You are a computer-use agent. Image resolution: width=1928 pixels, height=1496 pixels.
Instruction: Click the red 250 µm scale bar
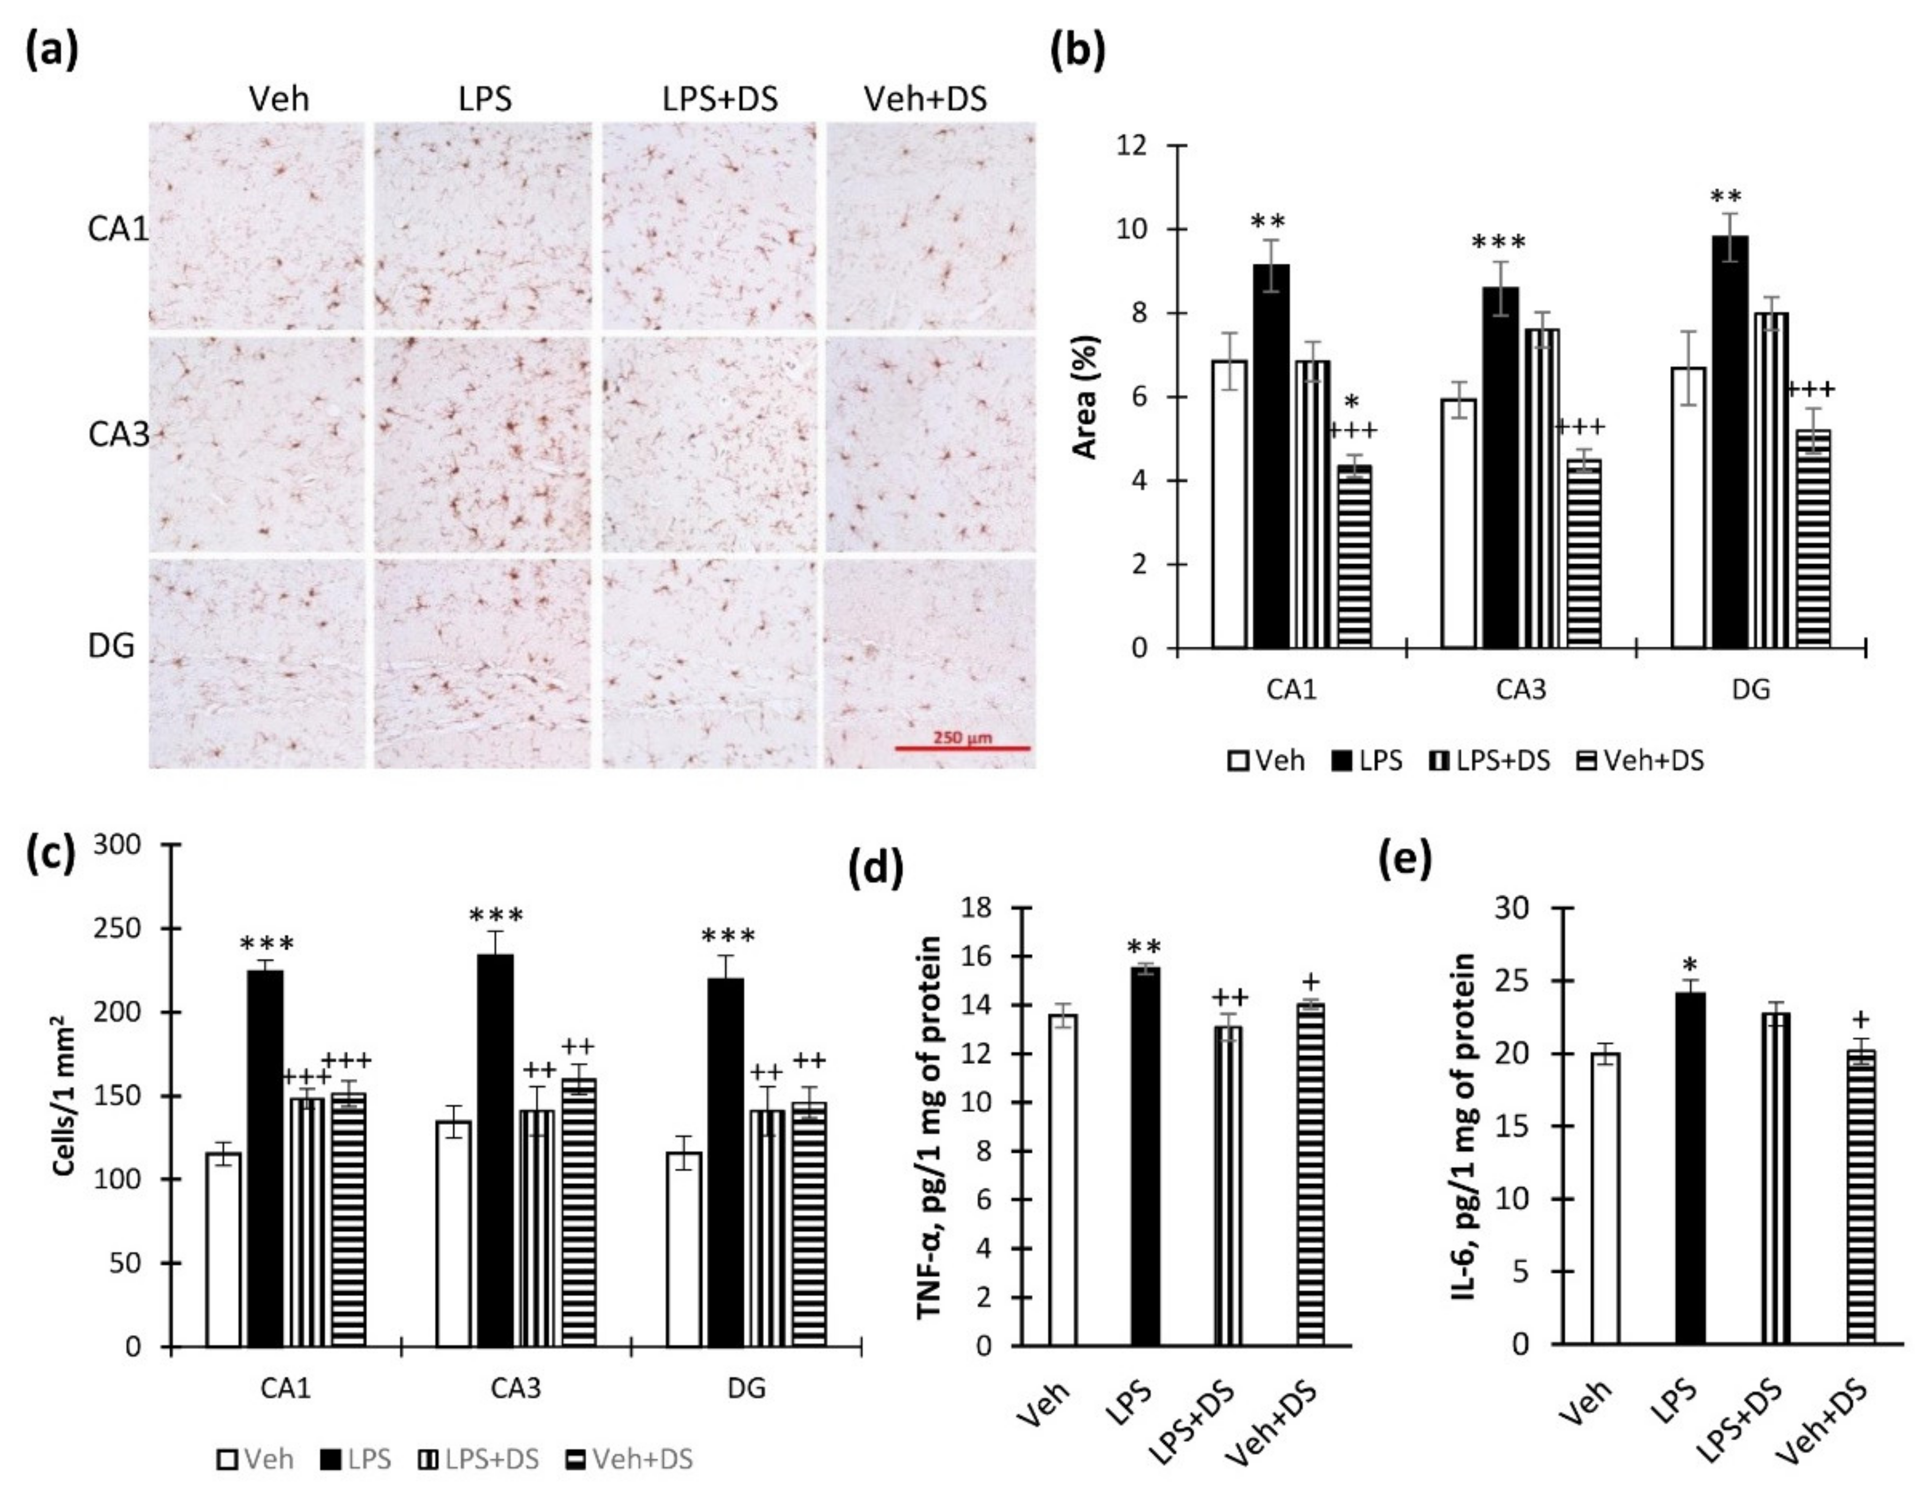tap(962, 748)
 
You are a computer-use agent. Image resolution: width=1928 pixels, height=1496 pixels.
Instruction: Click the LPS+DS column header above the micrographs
tap(719, 99)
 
